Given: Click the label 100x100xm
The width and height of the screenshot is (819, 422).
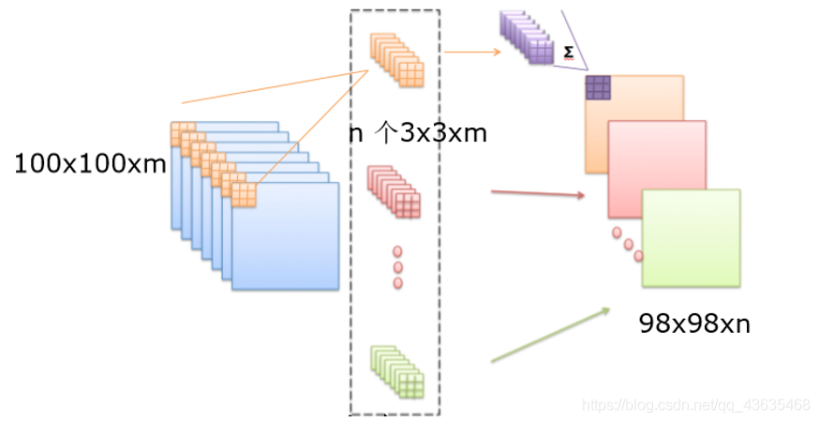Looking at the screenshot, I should point(90,165).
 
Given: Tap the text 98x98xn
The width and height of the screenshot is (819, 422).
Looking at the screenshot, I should point(694,324).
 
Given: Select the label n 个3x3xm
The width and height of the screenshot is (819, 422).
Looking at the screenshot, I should point(419,133).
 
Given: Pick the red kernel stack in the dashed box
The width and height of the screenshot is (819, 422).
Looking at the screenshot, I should point(395,192).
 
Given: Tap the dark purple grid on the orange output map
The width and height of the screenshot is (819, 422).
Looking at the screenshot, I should point(598,87).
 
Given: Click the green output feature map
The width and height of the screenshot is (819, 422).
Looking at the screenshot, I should point(692,238).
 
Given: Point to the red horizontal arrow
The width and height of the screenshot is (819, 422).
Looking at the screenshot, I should point(537,194).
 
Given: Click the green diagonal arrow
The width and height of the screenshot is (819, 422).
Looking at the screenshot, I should point(550,334).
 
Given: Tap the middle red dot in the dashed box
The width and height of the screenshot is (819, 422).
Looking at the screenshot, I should point(397,267).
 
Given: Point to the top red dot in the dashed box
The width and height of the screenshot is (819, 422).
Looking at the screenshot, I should point(397,252).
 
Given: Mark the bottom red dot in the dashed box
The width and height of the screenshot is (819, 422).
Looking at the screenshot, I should point(397,282).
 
